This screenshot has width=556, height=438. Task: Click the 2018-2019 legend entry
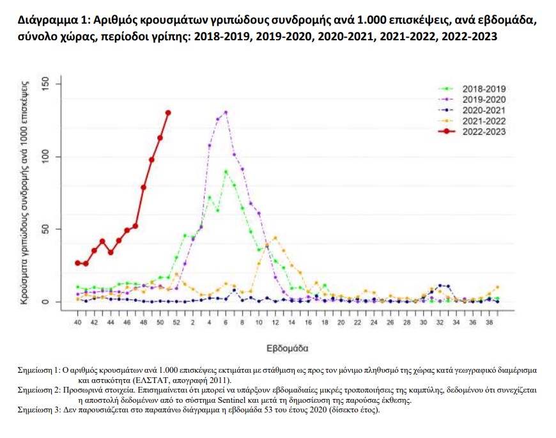click(x=484, y=89)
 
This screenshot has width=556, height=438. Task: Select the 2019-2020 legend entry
click(x=484, y=100)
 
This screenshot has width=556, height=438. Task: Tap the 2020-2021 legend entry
click(x=484, y=111)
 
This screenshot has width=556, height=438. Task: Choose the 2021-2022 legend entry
click(x=484, y=121)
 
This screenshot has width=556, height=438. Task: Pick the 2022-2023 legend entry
click(x=484, y=132)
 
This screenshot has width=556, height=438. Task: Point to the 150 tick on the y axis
click(x=44, y=84)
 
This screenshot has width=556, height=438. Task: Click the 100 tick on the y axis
click(x=44, y=157)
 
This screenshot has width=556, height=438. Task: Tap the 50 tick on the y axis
click(x=44, y=229)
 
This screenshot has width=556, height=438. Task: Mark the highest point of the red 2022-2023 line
click(x=168, y=113)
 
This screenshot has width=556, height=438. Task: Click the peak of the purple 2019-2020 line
click(x=226, y=113)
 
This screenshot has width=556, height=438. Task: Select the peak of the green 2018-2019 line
click(x=226, y=171)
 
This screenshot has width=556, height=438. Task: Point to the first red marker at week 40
click(x=78, y=263)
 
